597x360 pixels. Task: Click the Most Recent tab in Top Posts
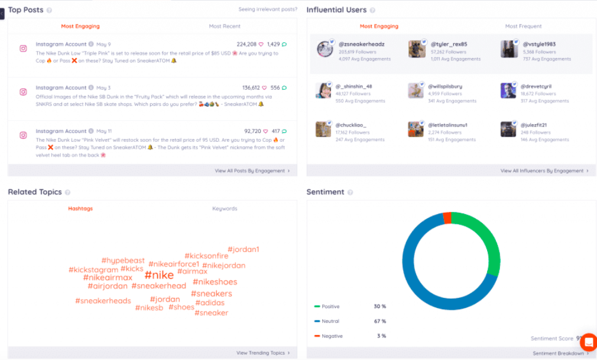point(225,27)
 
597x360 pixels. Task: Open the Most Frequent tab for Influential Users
point(523,27)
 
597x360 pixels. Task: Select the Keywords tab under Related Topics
point(225,209)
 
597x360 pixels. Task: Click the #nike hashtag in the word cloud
point(159,275)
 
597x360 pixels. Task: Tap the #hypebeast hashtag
point(123,261)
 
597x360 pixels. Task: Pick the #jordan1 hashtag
point(243,249)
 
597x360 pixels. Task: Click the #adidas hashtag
point(210,303)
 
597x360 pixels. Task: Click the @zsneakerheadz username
point(361,44)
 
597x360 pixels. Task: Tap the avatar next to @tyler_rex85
point(417,49)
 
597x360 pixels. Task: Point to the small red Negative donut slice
point(447,218)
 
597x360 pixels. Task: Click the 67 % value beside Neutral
point(379,321)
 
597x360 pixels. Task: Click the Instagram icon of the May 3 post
point(23,92)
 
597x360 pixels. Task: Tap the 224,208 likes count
point(246,44)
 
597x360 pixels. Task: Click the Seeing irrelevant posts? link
point(267,9)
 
